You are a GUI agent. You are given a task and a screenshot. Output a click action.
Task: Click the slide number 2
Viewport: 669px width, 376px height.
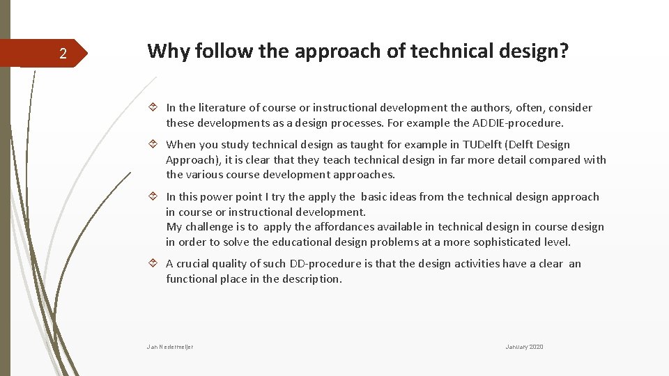pos(63,54)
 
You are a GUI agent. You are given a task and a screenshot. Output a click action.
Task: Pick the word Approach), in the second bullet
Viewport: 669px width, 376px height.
pos(190,159)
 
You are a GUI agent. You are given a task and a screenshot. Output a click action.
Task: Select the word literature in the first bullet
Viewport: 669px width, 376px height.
pos(223,108)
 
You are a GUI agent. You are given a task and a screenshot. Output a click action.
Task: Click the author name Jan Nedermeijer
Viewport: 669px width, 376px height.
pos(170,347)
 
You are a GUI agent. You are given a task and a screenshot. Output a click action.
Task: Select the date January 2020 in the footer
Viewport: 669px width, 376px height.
pos(524,347)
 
